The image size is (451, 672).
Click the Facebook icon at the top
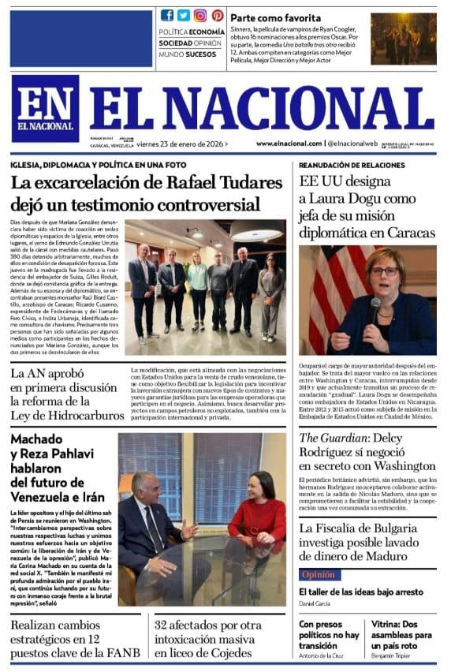(x=167, y=15)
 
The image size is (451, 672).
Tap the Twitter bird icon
(x=183, y=15)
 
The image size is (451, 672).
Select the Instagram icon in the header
(x=200, y=15)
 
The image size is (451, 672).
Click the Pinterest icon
(x=217, y=15)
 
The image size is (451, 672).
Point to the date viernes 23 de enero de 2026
(x=181, y=144)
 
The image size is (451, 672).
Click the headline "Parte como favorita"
(x=275, y=17)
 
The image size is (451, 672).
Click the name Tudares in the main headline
(x=229, y=184)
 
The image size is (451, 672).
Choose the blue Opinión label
(x=319, y=574)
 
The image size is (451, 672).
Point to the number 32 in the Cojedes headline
(x=163, y=627)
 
